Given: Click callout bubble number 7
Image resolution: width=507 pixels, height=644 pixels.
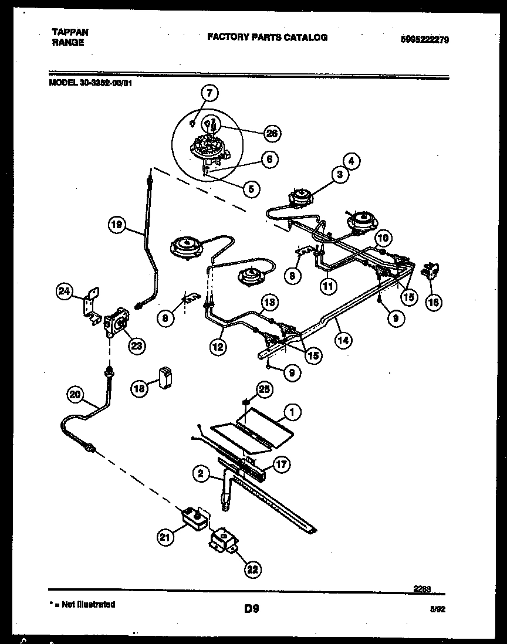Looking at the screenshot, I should point(209,93).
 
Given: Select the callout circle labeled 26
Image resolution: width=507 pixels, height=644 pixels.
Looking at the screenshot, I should point(272,133).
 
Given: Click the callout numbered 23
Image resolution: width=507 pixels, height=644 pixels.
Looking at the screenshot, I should point(137,345).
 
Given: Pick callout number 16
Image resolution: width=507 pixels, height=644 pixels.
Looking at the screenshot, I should point(433,302).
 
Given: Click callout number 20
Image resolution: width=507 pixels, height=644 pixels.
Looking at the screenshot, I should point(75,395).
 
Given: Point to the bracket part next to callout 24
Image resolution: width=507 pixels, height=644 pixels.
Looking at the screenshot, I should point(90,305).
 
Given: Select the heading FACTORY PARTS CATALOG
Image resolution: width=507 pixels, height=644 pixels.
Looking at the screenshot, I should point(267,38).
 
